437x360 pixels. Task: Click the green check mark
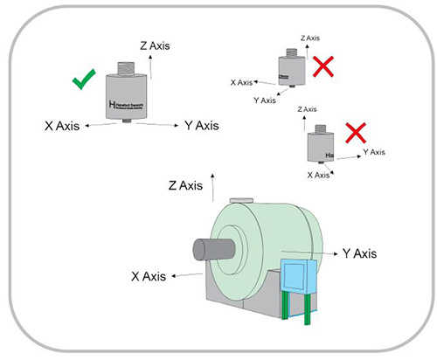coord(84,82)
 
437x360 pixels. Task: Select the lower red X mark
coord(355,135)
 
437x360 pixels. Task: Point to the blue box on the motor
coord(297,277)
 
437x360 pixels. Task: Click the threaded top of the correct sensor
coord(128,64)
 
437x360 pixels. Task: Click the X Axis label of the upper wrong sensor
coord(242,82)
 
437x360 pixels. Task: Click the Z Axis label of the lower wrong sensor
coord(307,109)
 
